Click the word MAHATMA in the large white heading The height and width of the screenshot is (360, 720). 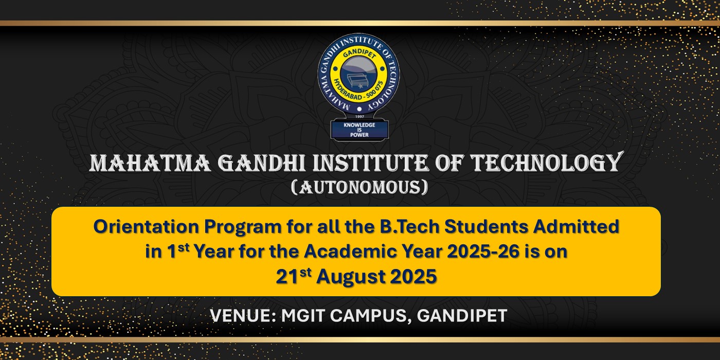[150, 163]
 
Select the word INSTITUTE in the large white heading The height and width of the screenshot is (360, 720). [371, 163]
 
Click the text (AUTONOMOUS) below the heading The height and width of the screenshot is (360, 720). [359, 187]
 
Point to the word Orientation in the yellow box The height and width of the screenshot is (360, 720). [146, 226]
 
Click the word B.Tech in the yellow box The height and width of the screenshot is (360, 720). [407, 226]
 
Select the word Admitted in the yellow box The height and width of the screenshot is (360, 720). [576, 226]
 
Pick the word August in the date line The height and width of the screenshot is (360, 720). [351, 277]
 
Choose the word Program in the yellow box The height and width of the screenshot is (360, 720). [243, 227]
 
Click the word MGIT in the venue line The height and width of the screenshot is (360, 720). [302, 316]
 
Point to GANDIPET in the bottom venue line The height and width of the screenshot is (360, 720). [462, 316]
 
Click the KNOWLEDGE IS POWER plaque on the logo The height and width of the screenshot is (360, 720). [359, 130]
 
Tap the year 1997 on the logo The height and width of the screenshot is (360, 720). [359, 116]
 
